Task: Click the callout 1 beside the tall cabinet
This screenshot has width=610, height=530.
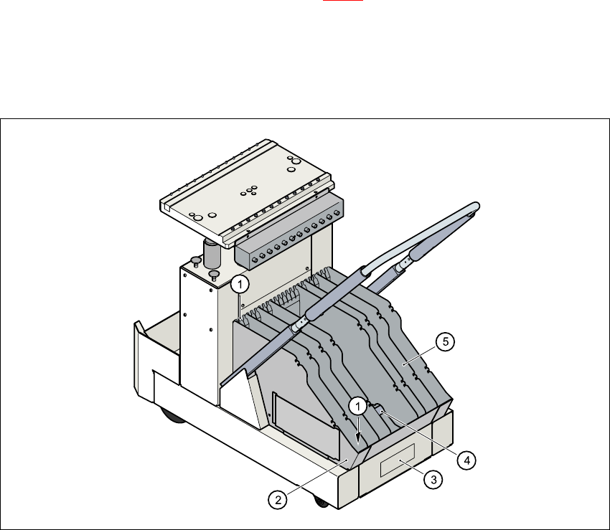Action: [240, 284]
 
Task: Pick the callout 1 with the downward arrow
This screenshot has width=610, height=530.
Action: [357, 407]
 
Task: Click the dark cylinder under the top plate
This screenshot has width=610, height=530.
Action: [212, 253]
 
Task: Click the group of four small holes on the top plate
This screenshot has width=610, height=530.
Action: [250, 190]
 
